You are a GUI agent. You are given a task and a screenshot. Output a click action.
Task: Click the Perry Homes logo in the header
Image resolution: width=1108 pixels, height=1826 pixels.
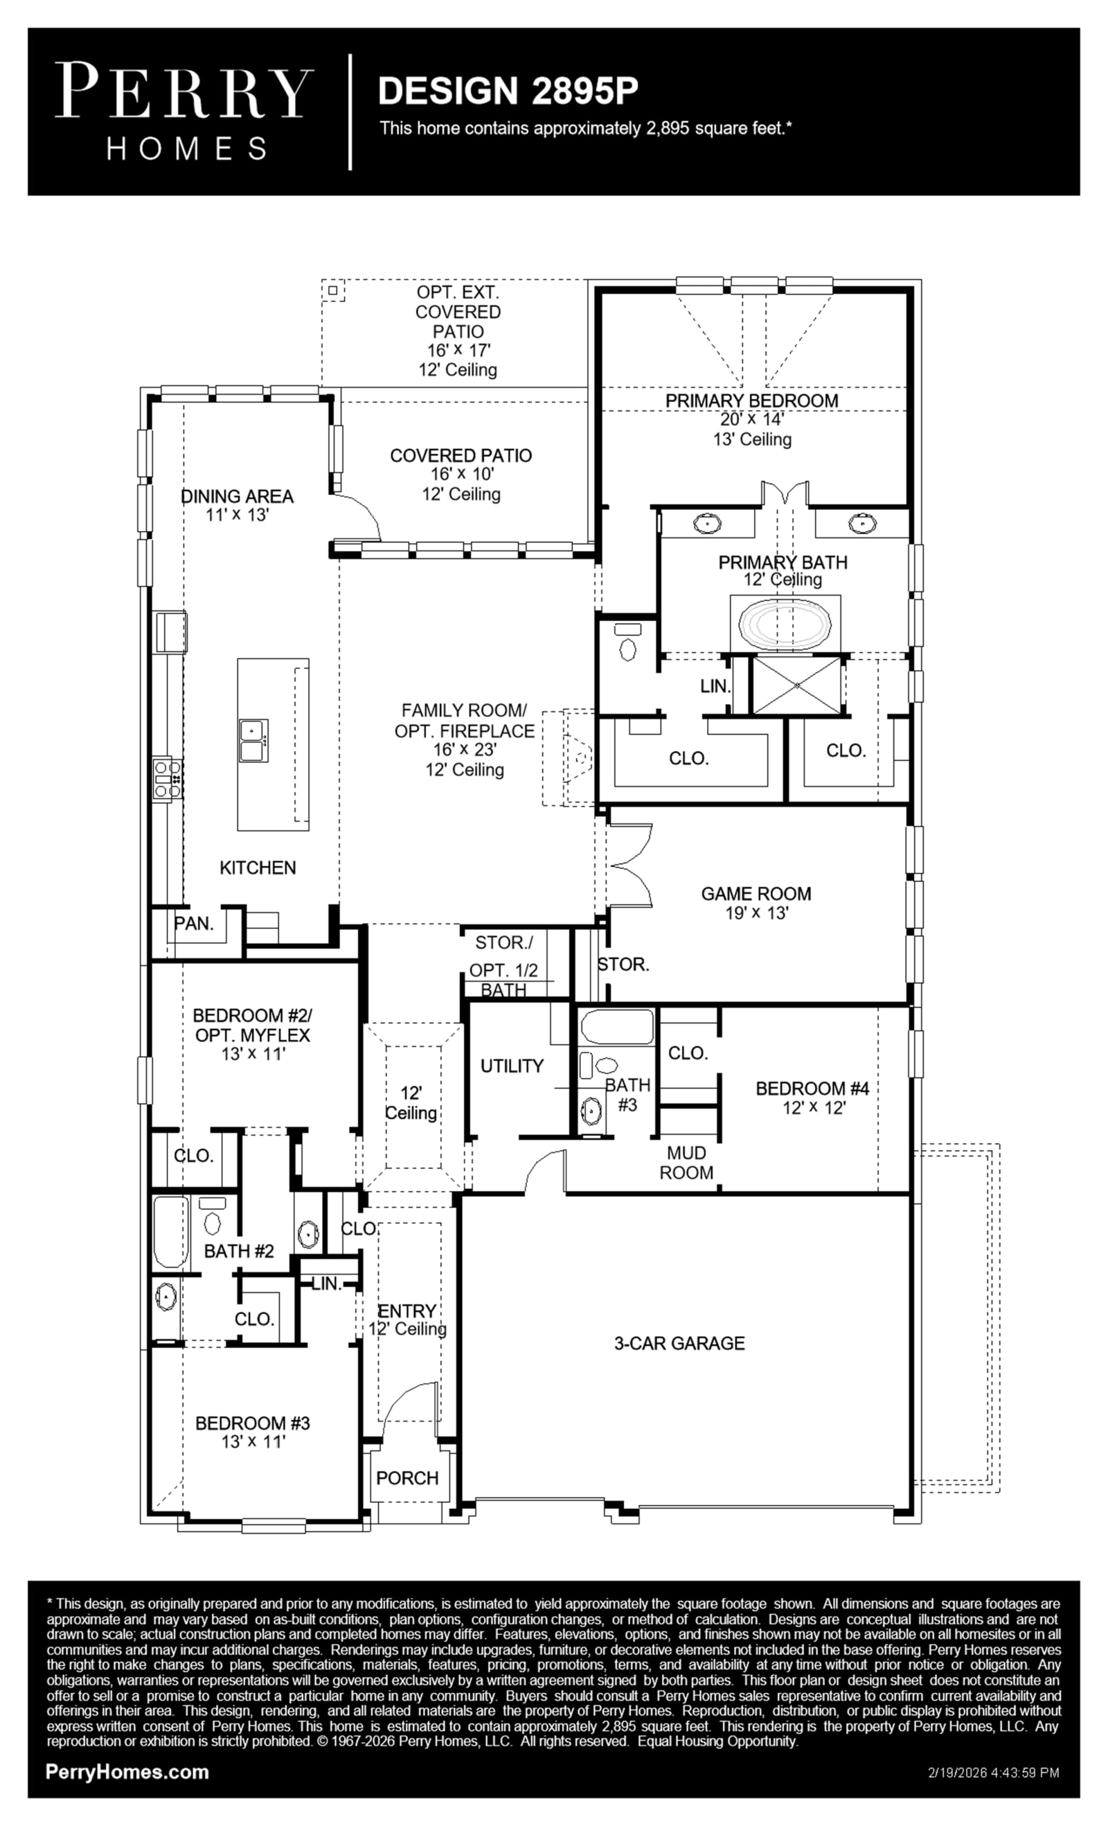tap(184, 111)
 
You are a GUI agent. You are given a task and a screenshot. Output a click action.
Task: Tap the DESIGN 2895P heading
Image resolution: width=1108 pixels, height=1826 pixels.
tap(508, 90)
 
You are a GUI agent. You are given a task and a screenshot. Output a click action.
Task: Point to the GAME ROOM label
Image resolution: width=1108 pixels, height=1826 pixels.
tap(756, 894)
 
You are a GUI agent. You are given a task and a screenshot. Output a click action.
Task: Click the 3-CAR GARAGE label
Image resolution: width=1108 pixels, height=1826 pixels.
tap(679, 1344)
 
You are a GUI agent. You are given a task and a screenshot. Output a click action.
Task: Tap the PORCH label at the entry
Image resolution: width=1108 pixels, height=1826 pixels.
tap(406, 1478)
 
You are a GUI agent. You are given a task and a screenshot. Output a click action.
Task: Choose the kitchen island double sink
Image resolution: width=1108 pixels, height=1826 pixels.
tap(253, 740)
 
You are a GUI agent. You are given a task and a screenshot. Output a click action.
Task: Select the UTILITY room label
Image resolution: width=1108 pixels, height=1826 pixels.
tap(512, 1066)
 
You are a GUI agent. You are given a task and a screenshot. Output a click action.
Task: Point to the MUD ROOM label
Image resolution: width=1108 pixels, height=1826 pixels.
tap(686, 1163)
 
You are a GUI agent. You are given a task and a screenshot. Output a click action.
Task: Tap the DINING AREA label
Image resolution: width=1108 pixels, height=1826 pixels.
tap(237, 496)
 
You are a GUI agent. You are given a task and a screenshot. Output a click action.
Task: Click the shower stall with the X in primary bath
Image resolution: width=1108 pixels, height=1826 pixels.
tap(797, 685)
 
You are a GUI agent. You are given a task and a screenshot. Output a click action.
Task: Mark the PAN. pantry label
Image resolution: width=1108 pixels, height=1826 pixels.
tap(193, 923)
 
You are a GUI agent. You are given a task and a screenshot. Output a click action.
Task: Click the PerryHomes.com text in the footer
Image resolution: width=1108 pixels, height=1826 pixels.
tap(127, 1772)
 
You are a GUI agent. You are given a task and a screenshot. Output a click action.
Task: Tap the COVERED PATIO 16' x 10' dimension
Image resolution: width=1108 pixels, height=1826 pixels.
tap(462, 474)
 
